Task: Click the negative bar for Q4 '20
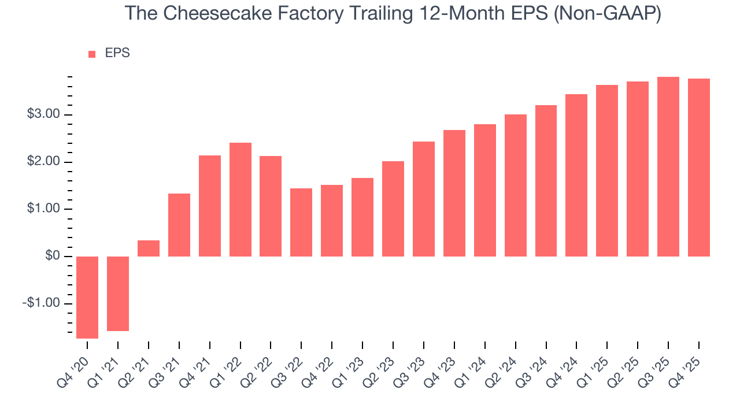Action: pos(87,297)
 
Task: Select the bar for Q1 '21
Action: pos(118,294)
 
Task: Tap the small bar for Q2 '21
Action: pos(149,248)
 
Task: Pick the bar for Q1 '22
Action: pos(240,199)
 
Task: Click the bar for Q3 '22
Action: pos(301,222)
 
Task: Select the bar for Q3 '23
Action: pos(424,199)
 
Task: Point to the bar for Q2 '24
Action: pos(516,185)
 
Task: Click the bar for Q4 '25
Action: pos(699,168)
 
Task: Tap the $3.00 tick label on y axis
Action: pos(43,114)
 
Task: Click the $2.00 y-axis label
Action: pos(43,162)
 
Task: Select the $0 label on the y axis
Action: pos(52,256)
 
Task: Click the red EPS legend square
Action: pos(92,54)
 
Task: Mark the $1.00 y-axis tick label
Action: pos(43,209)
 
